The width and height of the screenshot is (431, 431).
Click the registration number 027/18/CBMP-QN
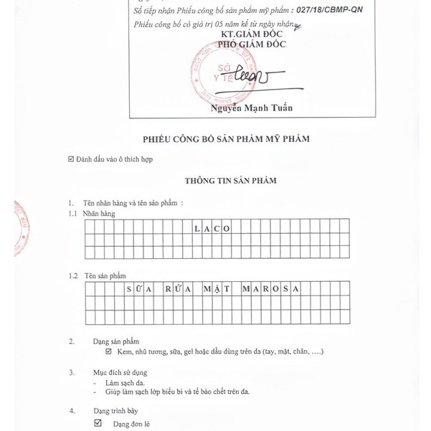pyautogui.click(x=346, y=11)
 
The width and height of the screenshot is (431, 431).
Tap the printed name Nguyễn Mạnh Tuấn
pyautogui.click(x=250, y=109)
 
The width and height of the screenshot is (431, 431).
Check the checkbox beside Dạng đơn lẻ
pyautogui.click(x=99, y=424)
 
